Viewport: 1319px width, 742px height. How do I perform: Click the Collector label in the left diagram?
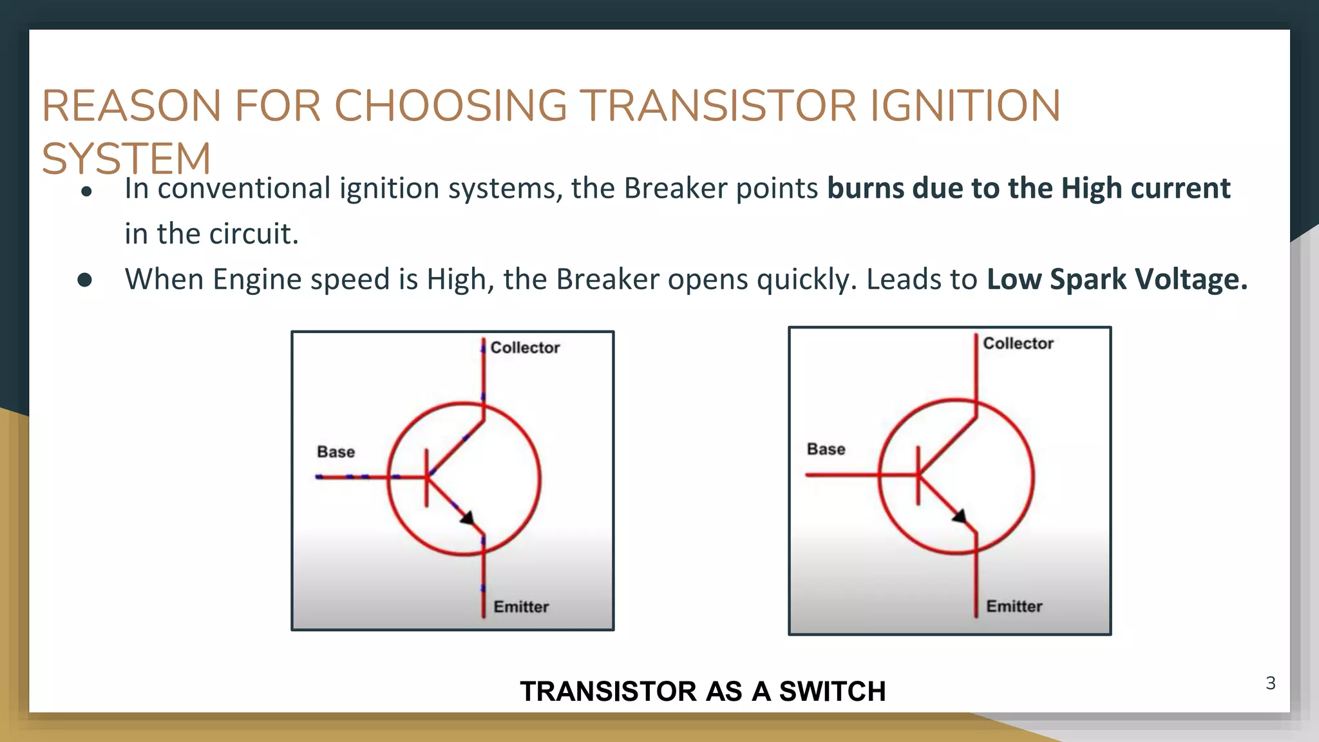pyautogui.click(x=525, y=348)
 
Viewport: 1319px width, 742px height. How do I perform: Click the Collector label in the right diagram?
pyautogui.click(x=1018, y=343)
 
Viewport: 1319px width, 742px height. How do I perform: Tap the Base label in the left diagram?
pyautogui.click(x=336, y=452)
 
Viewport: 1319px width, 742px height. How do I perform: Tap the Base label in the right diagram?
pyautogui.click(x=826, y=449)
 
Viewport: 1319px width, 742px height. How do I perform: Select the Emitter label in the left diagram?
pyautogui.click(x=521, y=607)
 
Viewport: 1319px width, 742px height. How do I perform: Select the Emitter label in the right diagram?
pyautogui.click(x=1014, y=606)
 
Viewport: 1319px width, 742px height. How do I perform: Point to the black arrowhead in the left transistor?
pyautogui.click(x=468, y=517)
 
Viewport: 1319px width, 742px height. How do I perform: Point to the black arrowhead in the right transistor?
pyautogui.click(x=960, y=516)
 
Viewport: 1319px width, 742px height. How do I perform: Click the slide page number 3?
pyautogui.click(x=1270, y=683)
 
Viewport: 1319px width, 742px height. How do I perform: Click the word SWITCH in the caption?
pyautogui.click(x=832, y=692)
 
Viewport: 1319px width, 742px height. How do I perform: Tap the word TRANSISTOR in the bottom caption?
pyautogui.click(x=607, y=692)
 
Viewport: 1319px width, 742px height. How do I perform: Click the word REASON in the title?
pyautogui.click(x=131, y=106)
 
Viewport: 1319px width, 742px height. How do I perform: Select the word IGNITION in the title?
pyautogui.click(x=965, y=106)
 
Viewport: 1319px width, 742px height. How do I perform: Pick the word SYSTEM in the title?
pyautogui.click(x=126, y=159)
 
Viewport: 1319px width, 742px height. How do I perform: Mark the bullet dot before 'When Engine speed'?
pyautogui.click(x=85, y=280)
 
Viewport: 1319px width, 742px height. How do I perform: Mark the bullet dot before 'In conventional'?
pyautogui.click(x=86, y=191)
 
